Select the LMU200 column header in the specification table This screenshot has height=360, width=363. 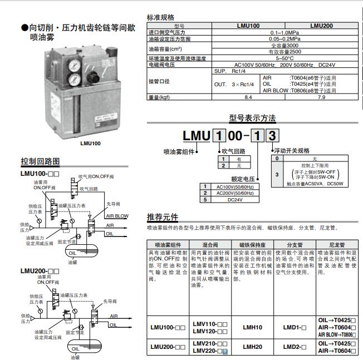coord(321,26)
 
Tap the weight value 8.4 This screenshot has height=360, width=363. coord(248,97)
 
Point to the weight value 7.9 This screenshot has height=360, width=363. coord(321,97)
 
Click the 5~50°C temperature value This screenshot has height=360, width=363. coord(284,58)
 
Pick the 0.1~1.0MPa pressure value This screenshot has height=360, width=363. coord(284,33)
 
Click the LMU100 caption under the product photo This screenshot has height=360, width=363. coord(90,143)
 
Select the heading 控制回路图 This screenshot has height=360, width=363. coord(40,162)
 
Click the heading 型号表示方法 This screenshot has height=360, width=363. coord(253,118)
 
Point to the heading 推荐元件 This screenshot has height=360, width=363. coord(163,216)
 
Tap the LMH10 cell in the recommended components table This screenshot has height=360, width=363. coord(252,328)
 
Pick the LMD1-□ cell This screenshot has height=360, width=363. coord(295,328)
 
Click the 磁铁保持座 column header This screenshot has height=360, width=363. coord(252,244)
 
